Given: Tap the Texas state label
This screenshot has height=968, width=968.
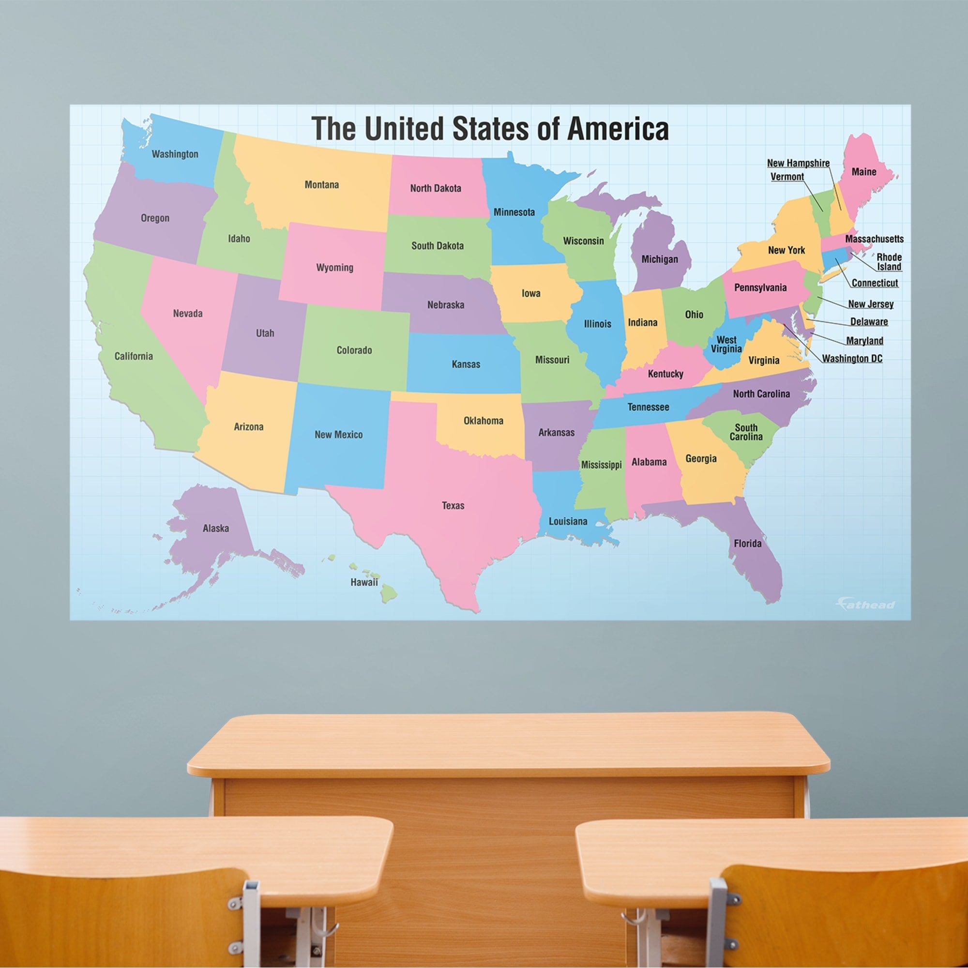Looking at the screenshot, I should (x=453, y=506).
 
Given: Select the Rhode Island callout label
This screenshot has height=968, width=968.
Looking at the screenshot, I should (x=889, y=262).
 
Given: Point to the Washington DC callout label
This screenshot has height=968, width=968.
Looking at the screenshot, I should (x=852, y=359).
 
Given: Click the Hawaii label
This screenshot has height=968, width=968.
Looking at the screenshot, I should (x=364, y=582).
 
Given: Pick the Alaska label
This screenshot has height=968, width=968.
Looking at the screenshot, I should (x=216, y=528).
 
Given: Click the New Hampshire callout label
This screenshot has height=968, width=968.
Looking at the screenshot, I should (x=798, y=163).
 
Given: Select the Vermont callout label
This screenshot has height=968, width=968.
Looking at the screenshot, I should (x=787, y=177).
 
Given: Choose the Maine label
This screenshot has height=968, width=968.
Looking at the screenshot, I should (x=864, y=172).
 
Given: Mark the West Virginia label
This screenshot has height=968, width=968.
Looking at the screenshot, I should (x=726, y=344).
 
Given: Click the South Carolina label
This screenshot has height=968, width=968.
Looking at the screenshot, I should (x=746, y=432).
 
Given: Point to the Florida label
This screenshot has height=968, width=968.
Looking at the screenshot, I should (x=748, y=543).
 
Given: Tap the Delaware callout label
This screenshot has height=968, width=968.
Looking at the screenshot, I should (x=869, y=322).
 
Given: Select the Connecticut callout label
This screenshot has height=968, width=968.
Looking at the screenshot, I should (x=875, y=283).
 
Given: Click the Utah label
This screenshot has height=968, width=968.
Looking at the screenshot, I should (x=265, y=333).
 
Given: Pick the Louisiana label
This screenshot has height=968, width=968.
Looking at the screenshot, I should (x=568, y=522).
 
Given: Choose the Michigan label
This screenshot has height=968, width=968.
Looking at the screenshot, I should (x=659, y=259).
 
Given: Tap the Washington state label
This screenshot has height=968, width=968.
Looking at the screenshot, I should (x=175, y=154).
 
